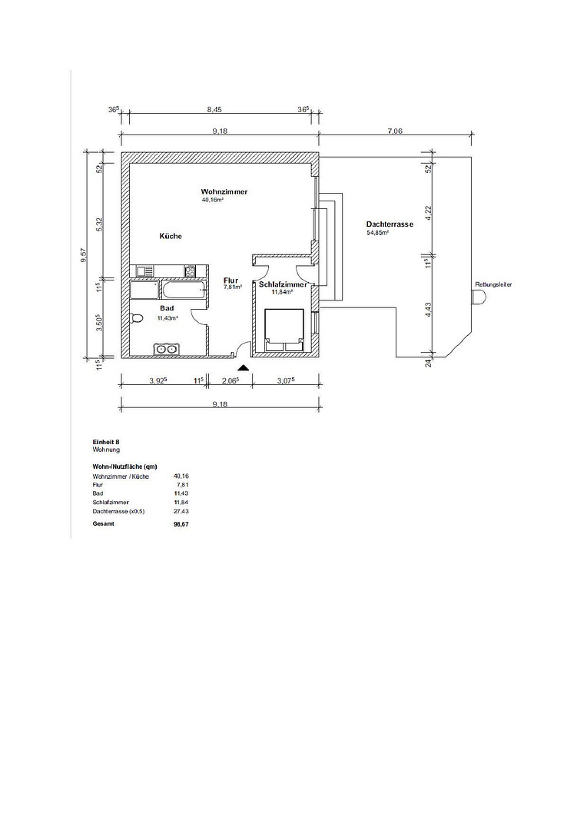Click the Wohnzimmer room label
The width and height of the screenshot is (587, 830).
224,191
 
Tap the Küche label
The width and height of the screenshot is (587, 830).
171,236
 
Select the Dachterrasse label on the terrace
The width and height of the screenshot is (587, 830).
390,224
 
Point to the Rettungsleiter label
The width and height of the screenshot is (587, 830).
493,284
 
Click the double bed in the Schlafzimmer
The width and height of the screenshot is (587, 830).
284,330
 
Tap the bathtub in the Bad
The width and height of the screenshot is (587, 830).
183,290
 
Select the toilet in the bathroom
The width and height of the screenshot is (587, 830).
136,318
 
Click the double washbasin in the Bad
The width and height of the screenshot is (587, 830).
167,349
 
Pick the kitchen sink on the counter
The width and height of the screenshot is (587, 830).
144,271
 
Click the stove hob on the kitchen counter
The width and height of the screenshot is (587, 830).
190,271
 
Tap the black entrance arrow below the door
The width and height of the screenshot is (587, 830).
243,367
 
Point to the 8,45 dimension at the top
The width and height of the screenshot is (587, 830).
214,110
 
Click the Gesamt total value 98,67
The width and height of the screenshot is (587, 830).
181,524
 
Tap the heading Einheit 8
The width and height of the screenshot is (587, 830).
102,441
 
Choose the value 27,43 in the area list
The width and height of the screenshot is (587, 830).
181,511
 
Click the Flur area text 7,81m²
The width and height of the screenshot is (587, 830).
233,287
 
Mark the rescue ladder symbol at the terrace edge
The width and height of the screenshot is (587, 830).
479,297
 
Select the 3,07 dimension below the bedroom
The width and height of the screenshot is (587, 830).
286,380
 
